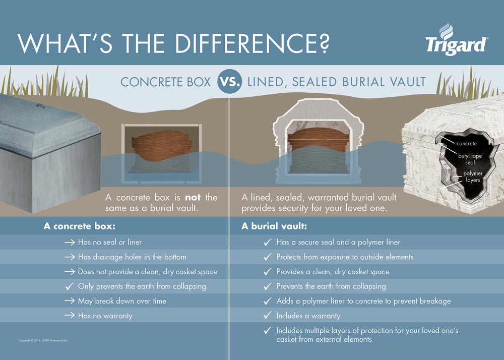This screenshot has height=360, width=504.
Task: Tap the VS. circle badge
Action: coord(229,82)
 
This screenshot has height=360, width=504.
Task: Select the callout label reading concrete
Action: coord(466,144)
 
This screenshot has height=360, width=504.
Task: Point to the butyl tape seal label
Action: coord(470,159)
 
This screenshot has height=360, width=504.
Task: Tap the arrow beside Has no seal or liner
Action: coord(70,243)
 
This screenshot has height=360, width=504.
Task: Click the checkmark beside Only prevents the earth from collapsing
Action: coord(69,286)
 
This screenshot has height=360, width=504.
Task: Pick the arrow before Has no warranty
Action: coord(70,316)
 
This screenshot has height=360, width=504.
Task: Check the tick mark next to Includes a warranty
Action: coord(268,316)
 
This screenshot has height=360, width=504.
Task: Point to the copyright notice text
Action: coord(43,341)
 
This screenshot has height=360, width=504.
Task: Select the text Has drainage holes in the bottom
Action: coord(132,257)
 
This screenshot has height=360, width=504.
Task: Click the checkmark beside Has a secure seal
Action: coord(268,243)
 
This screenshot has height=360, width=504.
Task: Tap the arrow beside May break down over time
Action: coord(70,301)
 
